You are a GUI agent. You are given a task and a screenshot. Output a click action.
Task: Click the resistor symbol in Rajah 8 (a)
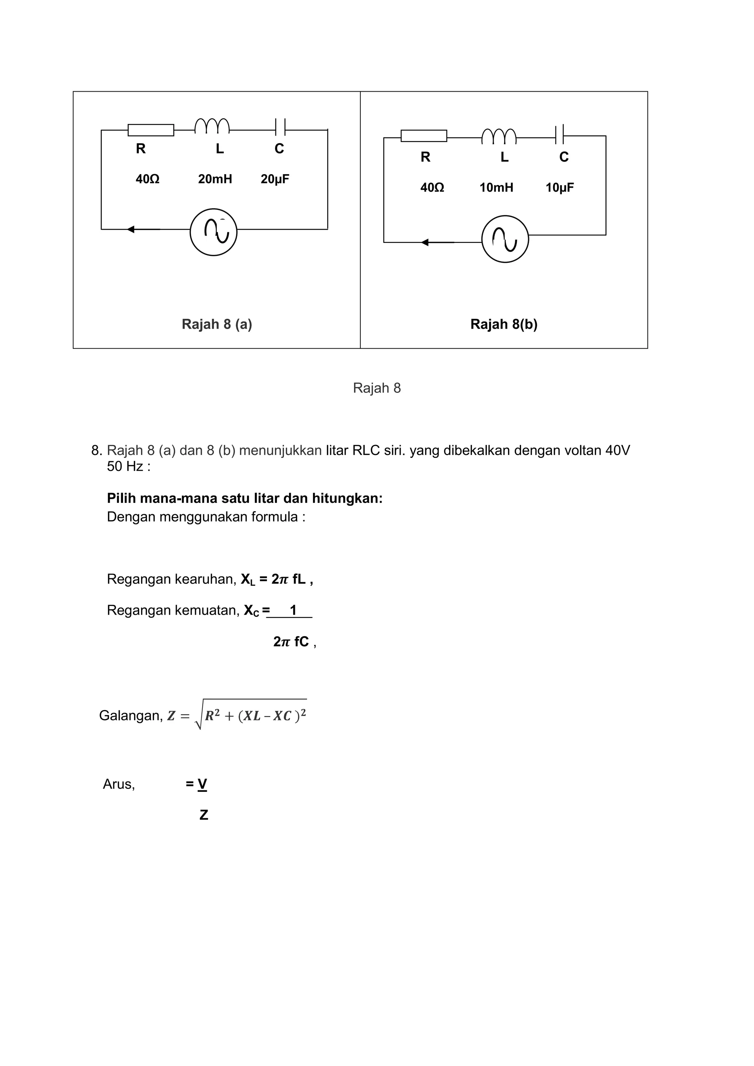[151, 130]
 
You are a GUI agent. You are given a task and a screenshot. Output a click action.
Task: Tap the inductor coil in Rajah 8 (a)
[212, 126]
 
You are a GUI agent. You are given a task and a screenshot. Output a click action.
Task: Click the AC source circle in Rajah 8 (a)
[214, 232]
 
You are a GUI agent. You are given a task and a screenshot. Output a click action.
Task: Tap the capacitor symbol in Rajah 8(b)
[560, 135]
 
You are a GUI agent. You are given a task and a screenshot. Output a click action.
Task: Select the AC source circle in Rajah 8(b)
[505, 239]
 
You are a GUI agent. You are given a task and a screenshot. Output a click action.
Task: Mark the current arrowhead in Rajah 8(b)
[425, 242]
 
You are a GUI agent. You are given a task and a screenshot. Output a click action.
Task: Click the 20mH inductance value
[215, 179]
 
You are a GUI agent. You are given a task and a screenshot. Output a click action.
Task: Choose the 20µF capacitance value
[275, 179]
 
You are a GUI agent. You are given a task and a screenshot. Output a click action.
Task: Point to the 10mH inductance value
[496, 188]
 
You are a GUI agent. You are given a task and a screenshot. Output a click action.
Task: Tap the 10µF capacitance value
[560, 188]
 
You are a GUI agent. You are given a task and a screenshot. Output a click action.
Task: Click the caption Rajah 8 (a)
[217, 324]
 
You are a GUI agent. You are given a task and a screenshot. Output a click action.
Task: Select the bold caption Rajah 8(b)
[504, 324]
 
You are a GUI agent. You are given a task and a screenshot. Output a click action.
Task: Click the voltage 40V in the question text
[617, 450]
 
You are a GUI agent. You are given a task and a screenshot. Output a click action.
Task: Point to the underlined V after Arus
[202, 784]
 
